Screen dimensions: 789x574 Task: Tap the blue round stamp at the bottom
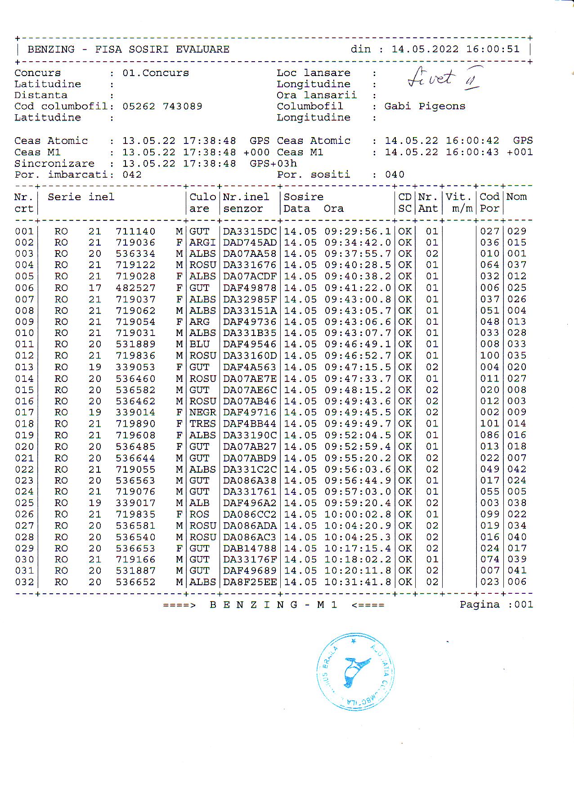coord(355,671)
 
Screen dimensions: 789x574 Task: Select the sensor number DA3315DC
coord(250,231)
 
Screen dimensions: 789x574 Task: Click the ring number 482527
coord(135,288)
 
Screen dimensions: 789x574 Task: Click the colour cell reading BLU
coord(199,344)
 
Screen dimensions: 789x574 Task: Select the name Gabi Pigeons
coord(424,106)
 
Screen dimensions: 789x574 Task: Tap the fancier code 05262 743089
coord(162,106)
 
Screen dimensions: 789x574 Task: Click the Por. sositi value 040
coord(395,175)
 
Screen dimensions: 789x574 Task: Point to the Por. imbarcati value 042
coord(132,175)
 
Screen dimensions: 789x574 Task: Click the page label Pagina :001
coord(496,605)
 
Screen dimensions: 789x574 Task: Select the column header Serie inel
coord(81,197)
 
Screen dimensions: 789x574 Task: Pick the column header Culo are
coord(202,202)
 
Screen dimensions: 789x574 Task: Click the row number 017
coord(24,412)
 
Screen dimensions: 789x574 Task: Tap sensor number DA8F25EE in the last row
coord(250,582)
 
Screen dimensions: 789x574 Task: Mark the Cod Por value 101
coord(489,424)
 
